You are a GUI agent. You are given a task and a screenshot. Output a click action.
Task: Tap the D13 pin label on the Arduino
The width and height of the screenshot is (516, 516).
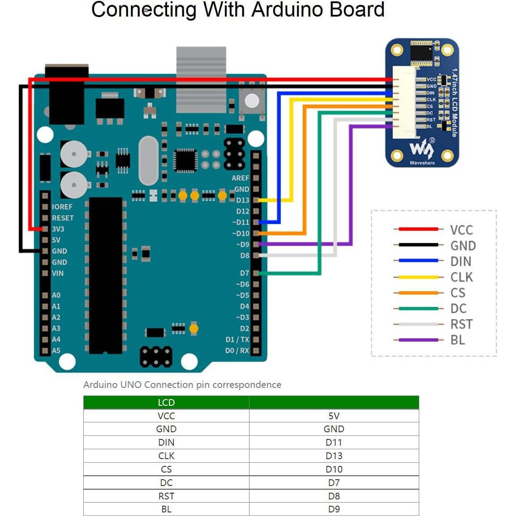pyautogui.click(x=242, y=200)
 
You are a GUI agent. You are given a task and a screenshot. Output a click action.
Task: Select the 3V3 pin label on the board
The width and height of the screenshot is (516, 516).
pyautogui.click(x=58, y=229)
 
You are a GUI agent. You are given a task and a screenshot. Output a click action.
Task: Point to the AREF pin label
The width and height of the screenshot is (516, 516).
pyautogui.click(x=240, y=178)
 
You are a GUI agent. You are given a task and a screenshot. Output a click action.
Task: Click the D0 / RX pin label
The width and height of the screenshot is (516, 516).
pyautogui.click(x=237, y=350)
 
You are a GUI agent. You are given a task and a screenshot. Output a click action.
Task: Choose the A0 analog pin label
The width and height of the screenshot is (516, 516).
pyautogui.click(x=56, y=295)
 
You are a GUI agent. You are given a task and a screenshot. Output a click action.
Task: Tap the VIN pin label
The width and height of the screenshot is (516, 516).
pyautogui.click(x=58, y=273)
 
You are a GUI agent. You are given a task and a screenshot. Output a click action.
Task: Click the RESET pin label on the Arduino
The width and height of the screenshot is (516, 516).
pyautogui.click(x=63, y=218)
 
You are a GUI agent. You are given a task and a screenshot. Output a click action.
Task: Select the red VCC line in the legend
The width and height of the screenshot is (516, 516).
pyautogui.click(x=418, y=229)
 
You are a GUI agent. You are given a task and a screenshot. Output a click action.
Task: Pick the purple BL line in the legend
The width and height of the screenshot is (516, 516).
pyautogui.click(x=418, y=340)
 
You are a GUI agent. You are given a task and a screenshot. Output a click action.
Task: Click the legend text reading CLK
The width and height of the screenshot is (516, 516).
pyautogui.click(x=461, y=277)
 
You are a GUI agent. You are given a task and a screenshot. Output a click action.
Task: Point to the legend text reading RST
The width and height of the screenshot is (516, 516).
pyautogui.click(x=461, y=324)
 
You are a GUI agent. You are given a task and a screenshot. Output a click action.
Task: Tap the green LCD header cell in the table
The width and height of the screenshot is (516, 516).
pyautogui.click(x=166, y=402)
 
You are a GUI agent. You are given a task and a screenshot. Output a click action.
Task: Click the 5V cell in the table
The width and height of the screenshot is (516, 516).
pyautogui.click(x=334, y=416)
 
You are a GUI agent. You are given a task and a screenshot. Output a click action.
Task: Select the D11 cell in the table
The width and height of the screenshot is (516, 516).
pyautogui.click(x=334, y=443)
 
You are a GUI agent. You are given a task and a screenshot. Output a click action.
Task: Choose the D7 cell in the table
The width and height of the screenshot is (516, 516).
pyautogui.click(x=334, y=483)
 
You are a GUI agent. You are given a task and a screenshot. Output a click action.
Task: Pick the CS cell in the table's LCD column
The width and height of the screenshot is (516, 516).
pyautogui.click(x=166, y=469)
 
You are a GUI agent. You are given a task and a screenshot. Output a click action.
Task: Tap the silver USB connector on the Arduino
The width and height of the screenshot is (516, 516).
pyautogui.click(x=201, y=80)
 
